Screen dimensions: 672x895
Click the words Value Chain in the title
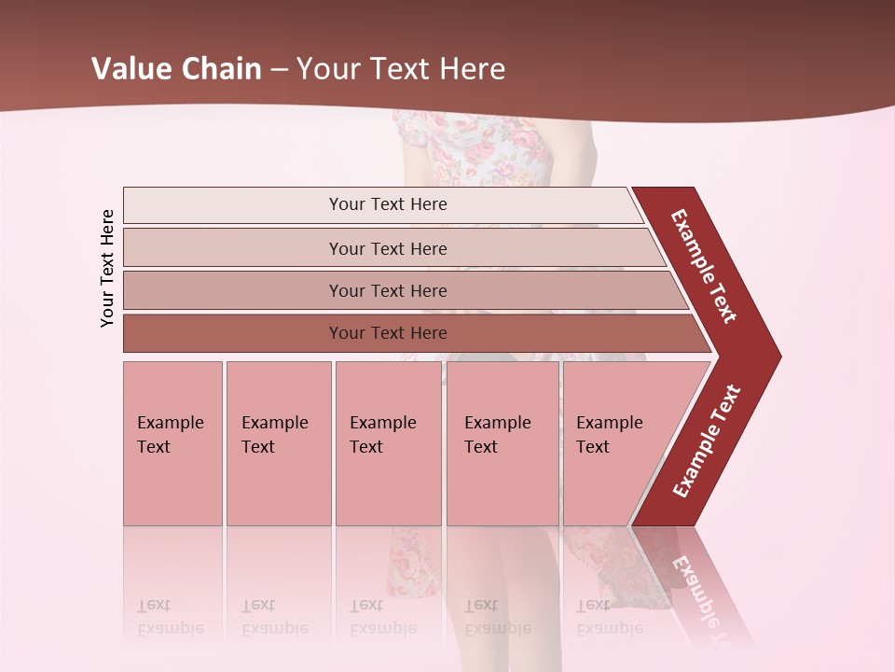click(x=176, y=69)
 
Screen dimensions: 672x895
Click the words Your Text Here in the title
click(x=401, y=69)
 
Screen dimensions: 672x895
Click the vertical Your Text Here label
click(x=107, y=268)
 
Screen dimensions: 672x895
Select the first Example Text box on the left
click(x=172, y=443)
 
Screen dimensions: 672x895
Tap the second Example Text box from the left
click(x=278, y=443)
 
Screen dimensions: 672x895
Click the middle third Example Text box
click(x=388, y=443)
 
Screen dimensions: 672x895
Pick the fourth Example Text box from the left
click(x=503, y=443)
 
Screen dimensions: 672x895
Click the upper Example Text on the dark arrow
click(x=704, y=266)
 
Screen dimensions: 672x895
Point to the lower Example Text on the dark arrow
click(x=706, y=441)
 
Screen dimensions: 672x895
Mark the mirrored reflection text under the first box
click(x=170, y=617)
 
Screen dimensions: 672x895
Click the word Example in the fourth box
click(x=497, y=423)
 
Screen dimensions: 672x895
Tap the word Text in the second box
click(x=258, y=447)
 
